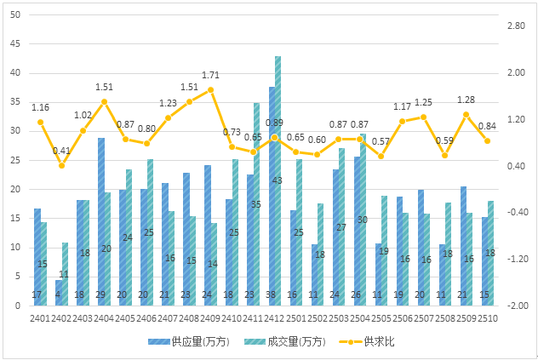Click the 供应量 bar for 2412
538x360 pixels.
(272, 196)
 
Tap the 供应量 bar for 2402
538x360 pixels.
(59, 292)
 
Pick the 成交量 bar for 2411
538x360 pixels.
(257, 204)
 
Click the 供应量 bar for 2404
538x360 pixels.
(101, 221)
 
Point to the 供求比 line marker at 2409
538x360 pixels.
(211, 89)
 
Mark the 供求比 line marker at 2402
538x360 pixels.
(62, 165)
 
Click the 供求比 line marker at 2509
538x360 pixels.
(466, 114)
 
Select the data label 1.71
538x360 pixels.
(211, 76)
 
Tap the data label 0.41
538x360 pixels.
(61, 151)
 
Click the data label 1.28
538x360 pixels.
(466, 100)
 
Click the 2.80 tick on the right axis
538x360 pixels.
(517, 26)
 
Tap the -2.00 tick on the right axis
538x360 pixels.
(517, 306)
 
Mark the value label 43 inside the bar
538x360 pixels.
(278, 180)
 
